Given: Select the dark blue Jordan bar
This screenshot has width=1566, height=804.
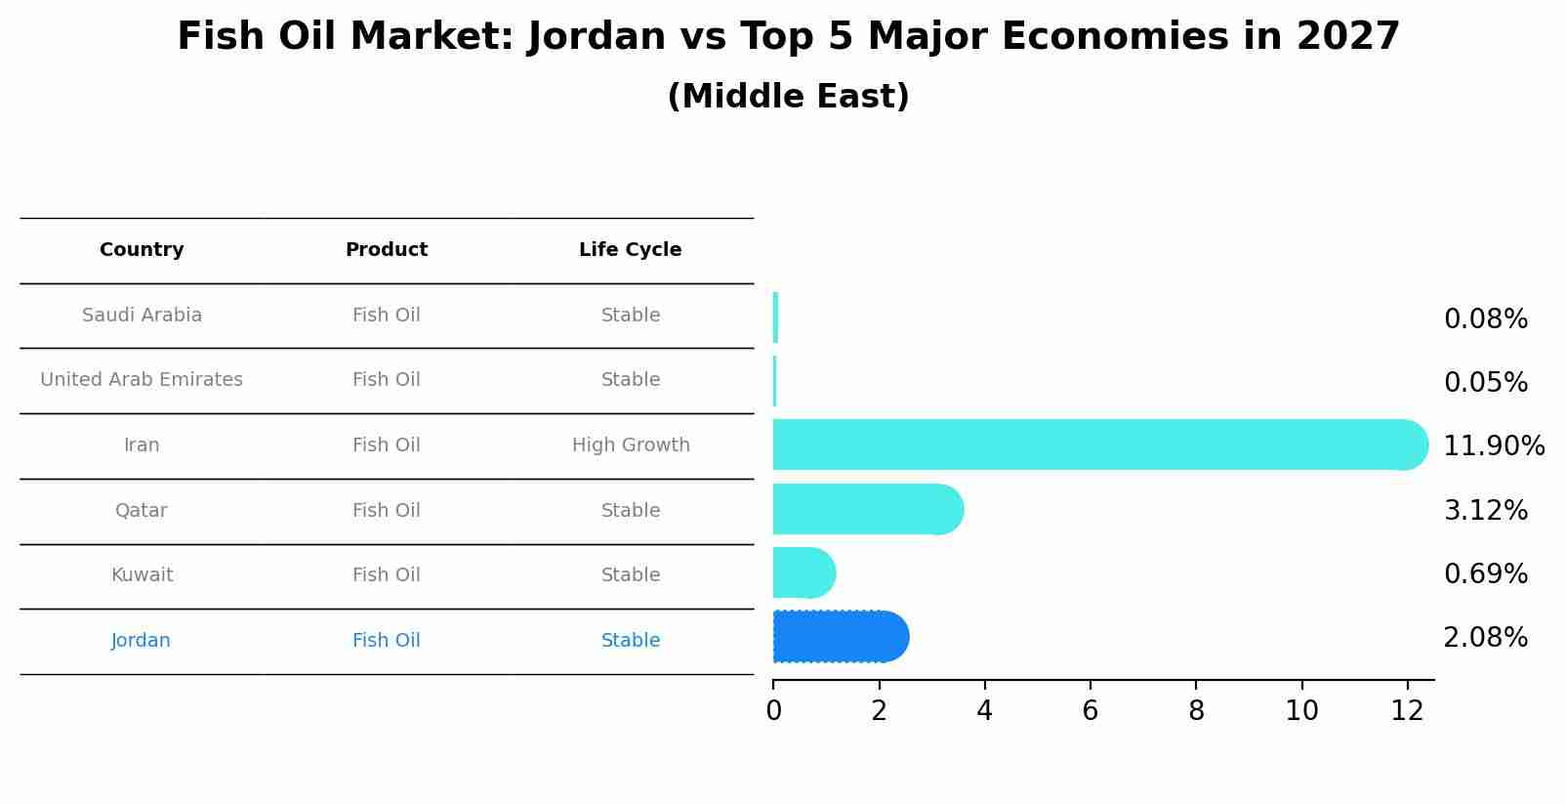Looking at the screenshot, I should [840, 637].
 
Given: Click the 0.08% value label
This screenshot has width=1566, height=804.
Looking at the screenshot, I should [1485, 319].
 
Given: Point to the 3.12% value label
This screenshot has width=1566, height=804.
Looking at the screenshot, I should [1485, 510].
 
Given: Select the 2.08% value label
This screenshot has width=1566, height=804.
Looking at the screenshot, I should [1485, 638].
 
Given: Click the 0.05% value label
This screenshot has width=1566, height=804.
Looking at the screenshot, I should [1485, 383].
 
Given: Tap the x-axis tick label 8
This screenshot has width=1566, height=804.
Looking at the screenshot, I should [1196, 711].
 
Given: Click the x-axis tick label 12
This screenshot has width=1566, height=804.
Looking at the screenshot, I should [1407, 711].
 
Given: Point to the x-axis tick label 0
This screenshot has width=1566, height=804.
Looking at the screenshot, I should [773, 711].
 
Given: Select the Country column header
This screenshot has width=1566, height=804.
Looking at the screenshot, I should [142, 250].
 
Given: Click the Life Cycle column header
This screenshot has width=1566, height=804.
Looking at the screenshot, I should [630, 250].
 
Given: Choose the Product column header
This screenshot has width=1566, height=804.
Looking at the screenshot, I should [387, 250].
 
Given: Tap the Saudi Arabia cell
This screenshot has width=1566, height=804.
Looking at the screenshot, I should [142, 316].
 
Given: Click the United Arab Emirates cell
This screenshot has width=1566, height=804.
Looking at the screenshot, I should [142, 380].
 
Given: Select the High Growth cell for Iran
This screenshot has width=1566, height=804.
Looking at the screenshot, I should [631, 445].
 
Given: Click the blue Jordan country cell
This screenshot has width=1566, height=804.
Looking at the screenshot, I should [141, 641].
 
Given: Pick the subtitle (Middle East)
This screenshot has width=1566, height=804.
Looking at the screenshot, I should [788, 97].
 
